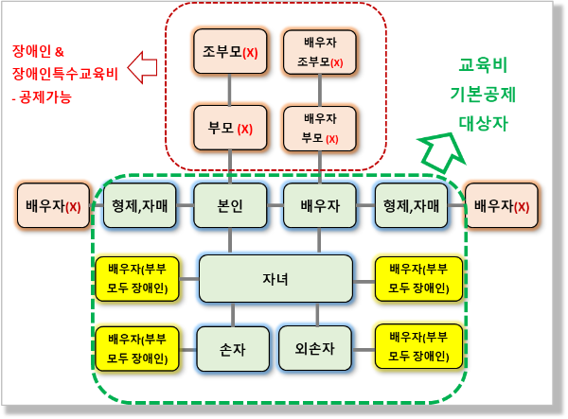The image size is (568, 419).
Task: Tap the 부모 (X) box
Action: (x=230, y=129)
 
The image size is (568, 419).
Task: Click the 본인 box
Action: (x=230, y=205)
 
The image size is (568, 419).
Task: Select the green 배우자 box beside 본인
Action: (x=319, y=205)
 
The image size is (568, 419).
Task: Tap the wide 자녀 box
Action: (x=275, y=278)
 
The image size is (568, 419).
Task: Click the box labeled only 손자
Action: (x=230, y=347)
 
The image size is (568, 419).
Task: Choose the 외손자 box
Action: (x=319, y=347)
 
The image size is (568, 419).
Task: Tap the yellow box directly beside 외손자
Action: (x=417, y=347)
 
